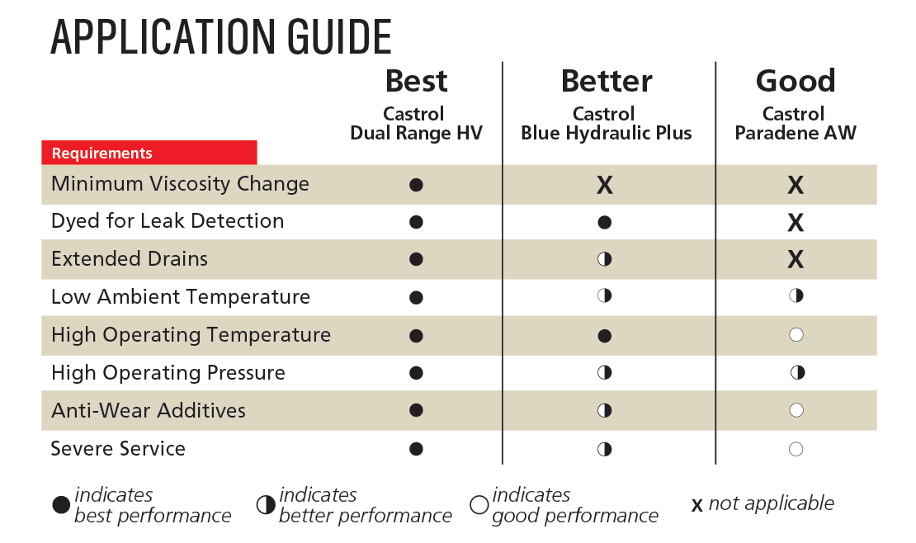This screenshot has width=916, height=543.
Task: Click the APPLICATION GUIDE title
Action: (x=220, y=37)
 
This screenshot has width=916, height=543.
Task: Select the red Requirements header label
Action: (x=102, y=153)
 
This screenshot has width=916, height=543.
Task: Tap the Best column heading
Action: (x=416, y=81)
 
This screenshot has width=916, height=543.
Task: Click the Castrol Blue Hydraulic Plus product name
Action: (x=606, y=124)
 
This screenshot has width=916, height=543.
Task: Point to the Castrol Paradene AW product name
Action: (x=796, y=124)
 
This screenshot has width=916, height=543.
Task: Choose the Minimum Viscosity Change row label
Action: (x=180, y=184)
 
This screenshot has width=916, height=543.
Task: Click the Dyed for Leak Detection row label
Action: (x=168, y=221)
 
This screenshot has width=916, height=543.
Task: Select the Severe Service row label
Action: (x=118, y=449)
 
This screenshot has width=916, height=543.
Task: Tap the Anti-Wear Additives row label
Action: (x=149, y=411)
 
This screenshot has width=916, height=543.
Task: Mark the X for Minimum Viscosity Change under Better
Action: (x=605, y=185)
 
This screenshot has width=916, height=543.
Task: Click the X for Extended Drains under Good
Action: (x=796, y=260)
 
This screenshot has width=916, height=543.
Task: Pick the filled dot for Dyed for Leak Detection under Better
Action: (x=605, y=222)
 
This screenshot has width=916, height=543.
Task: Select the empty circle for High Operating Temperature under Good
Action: (x=796, y=335)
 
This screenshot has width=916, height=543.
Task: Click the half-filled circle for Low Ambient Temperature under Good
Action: (x=796, y=296)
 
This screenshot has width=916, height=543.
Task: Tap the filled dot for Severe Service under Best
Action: (x=416, y=449)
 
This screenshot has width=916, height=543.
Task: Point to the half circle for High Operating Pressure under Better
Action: (x=605, y=373)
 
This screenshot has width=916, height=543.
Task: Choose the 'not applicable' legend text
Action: (x=771, y=503)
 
